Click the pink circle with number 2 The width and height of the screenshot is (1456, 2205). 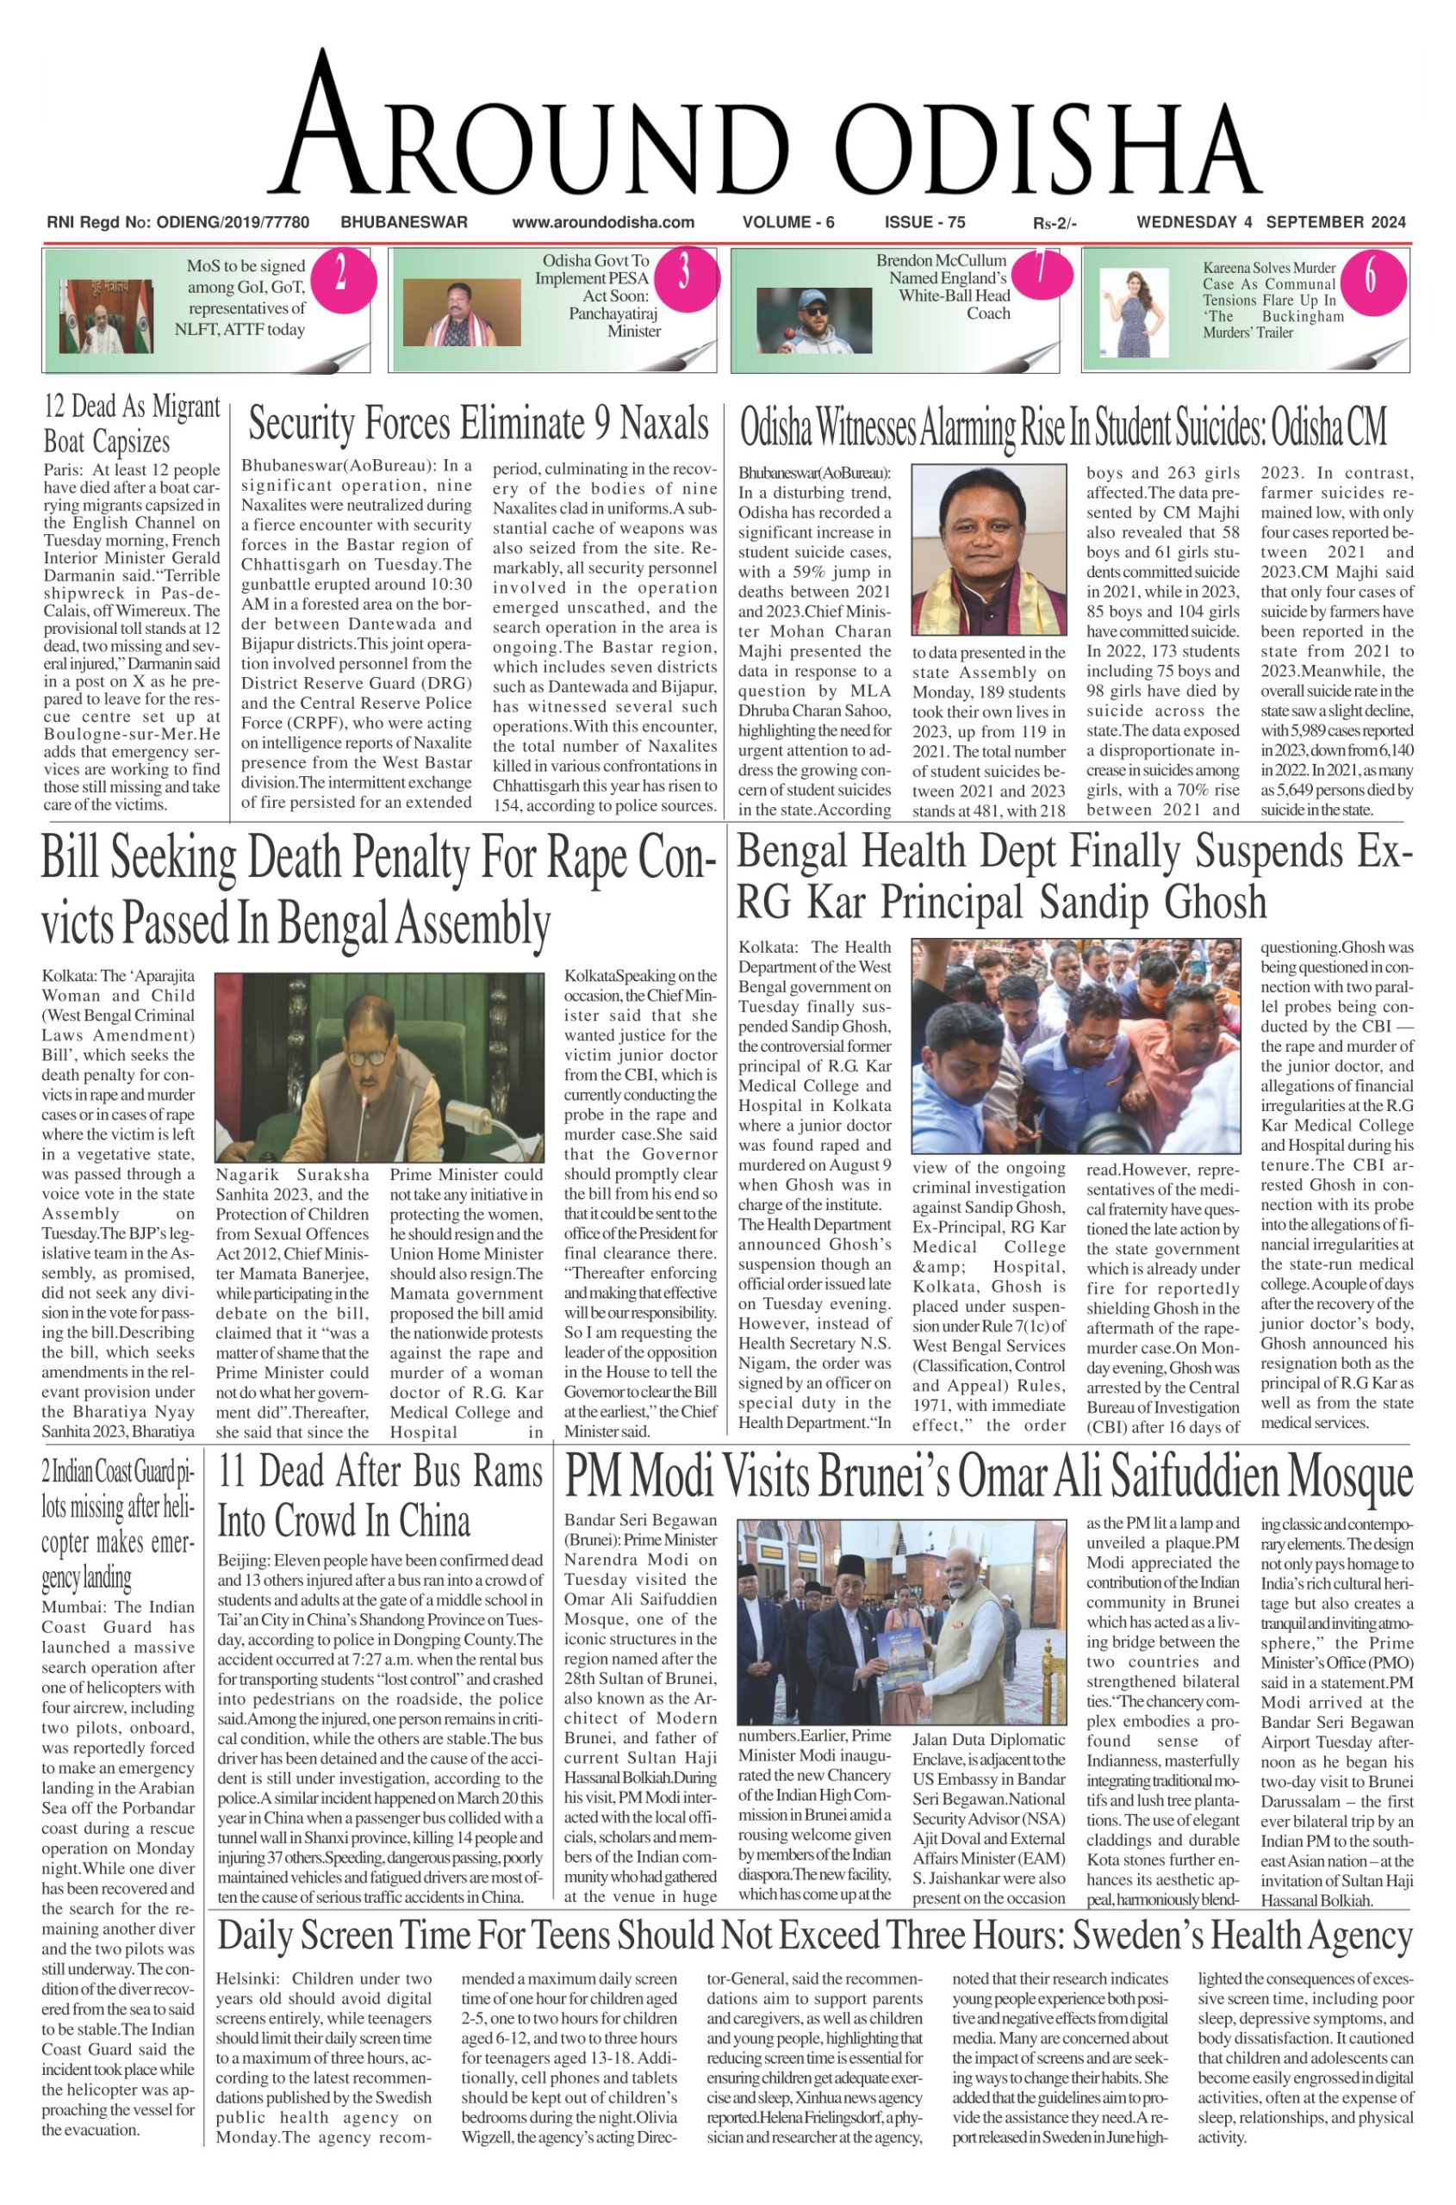tap(341, 274)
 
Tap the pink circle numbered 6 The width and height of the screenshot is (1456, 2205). tap(1371, 276)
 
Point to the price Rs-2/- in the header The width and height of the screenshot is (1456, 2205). tap(1054, 223)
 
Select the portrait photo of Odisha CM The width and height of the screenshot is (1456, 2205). tap(989, 550)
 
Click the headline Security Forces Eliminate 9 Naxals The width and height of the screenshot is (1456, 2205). tap(478, 424)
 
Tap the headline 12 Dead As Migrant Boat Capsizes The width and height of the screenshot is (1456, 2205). tap(132, 424)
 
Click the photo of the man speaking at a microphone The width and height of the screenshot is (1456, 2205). tap(379, 1067)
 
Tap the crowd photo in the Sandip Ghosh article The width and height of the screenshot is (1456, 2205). tap(1074, 1046)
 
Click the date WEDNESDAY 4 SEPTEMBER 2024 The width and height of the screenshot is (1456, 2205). tap(1270, 222)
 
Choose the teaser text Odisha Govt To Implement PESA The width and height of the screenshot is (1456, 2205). tap(596, 270)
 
